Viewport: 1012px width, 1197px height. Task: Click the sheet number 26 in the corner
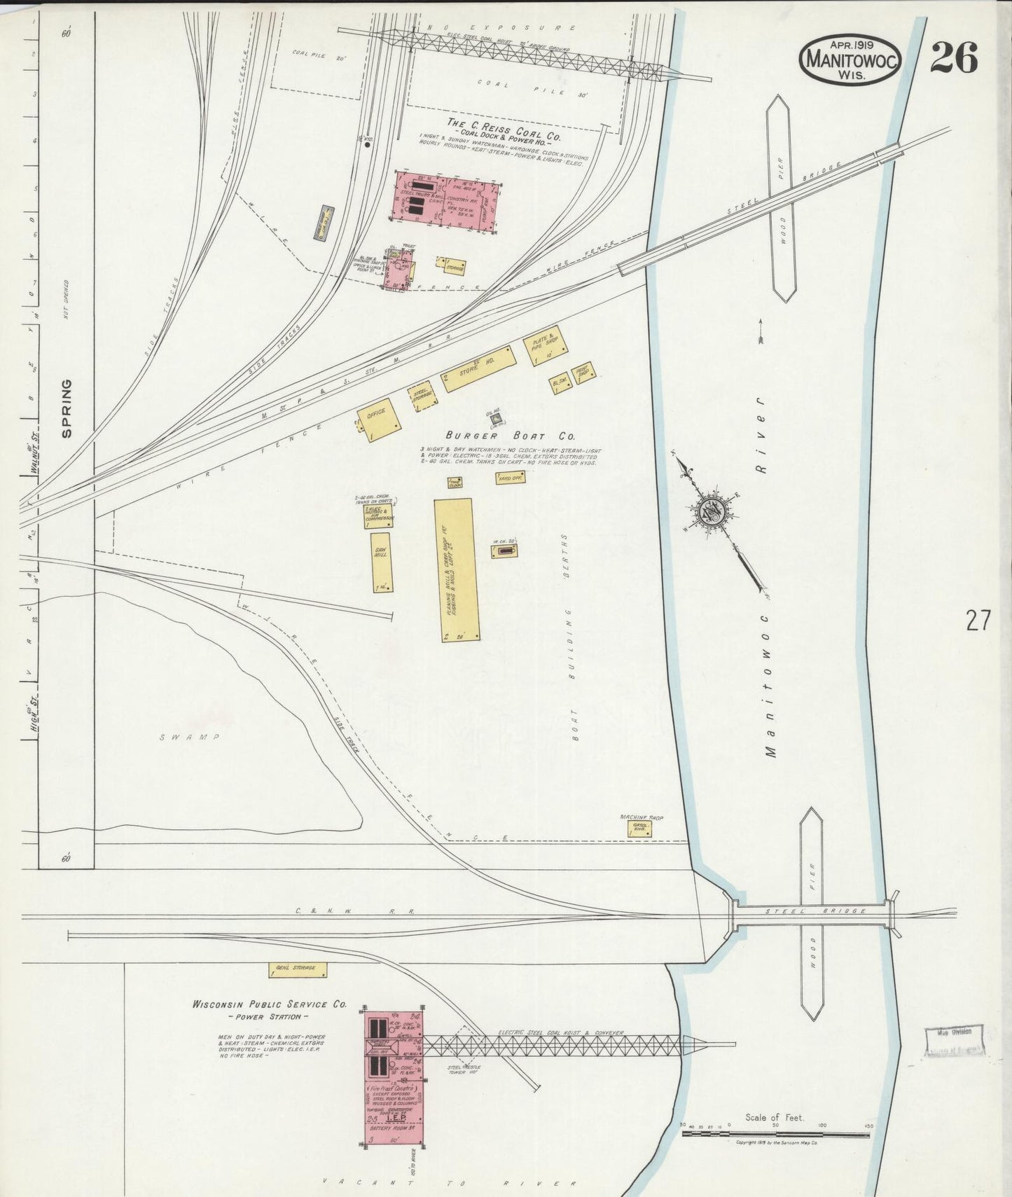pos(954,58)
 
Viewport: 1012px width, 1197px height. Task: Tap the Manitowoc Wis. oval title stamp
pos(851,60)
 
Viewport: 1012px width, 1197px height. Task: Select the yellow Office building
pos(379,422)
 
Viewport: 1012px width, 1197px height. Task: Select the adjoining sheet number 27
pos(978,620)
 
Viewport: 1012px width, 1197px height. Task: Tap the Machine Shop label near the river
pos(641,817)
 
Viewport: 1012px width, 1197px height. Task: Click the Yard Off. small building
pos(510,478)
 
